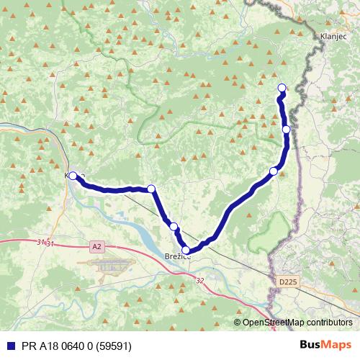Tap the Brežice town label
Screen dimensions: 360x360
pos(176,257)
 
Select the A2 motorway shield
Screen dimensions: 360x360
pos(97,247)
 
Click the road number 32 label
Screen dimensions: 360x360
pos(199,282)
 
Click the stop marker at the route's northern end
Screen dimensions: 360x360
pos(282,89)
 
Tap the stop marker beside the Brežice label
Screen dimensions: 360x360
pos(186,250)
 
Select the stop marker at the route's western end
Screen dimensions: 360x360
pos(73,176)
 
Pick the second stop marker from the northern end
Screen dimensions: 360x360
pos(286,130)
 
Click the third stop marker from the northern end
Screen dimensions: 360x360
pos(273,171)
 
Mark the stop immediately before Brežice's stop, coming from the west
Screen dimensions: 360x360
pos(174,227)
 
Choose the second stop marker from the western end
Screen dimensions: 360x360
pos(151,189)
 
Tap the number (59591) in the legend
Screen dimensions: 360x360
pos(118,345)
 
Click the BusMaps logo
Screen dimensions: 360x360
pos(325,344)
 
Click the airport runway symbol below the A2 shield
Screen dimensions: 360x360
pos(112,266)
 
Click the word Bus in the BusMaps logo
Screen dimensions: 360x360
pos(311,344)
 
